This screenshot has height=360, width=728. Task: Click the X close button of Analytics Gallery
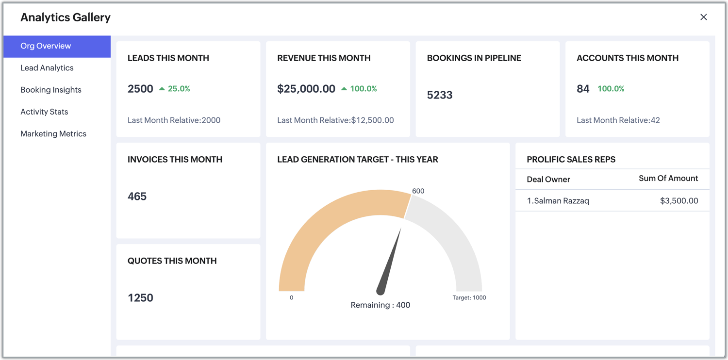pyautogui.click(x=703, y=17)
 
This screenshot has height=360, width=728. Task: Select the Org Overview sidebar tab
pyautogui.click(x=46, y=46)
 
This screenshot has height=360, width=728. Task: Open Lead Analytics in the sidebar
pyautogui.click(x=47, y=68)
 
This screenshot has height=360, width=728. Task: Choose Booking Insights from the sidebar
pyautogui.click(x=51, y=90)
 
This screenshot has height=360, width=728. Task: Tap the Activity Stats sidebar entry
pyautogui.click(x=44, y=112)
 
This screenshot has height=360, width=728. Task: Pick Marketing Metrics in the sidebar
pyautogui.click(x=53, y=134)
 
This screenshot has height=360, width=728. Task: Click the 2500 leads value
pyautogui.click(x=140, y=89)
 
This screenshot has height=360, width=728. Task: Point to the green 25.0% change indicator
pyautogui.click(x=175, y=89)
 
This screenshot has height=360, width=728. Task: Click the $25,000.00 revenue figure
pyautogui.click(x=306, y=89)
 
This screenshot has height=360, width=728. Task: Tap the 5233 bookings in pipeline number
pyautogui.click(x=440, y=95)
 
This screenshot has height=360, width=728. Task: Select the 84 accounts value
pyautogui.click(x=583, y=89)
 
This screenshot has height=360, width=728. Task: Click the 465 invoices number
pyautogui.click(x=137, y=196)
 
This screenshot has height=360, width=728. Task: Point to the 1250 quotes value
pyautogui.click(x=140, y=298)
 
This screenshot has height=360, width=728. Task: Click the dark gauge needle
pyautogui.click(x=390, y=262)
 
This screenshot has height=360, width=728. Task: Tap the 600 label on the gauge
pyautogui.click(x=418, y=191)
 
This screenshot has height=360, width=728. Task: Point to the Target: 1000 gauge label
pyautogui.click(x=469, y=298)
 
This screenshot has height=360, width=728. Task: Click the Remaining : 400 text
pyautogui.click(x=381, y=305)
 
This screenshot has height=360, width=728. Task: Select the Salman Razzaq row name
pyautogui.click(x=558, y=201)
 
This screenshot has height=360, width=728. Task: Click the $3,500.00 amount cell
pyautogui.click(x=679, y=201)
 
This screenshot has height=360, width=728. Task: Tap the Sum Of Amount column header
pyautogui.click(x=668, y=179)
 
